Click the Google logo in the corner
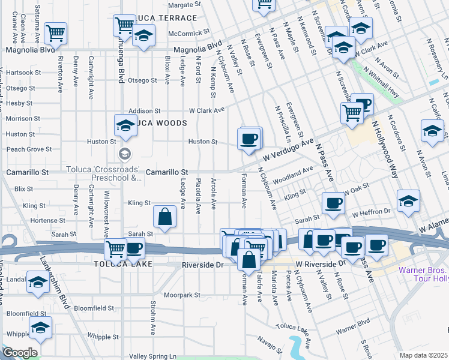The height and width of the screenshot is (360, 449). click(20, 353)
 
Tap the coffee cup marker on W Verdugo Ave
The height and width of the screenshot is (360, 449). click(249, 140)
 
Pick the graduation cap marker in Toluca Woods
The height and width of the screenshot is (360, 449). click(125, 125)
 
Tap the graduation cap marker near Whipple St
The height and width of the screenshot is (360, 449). click(40, 328)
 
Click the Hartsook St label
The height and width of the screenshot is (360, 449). click(23, 72)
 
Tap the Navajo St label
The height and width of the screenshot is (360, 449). click(271, 347)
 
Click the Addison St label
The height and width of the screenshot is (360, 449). click(145, 111)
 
